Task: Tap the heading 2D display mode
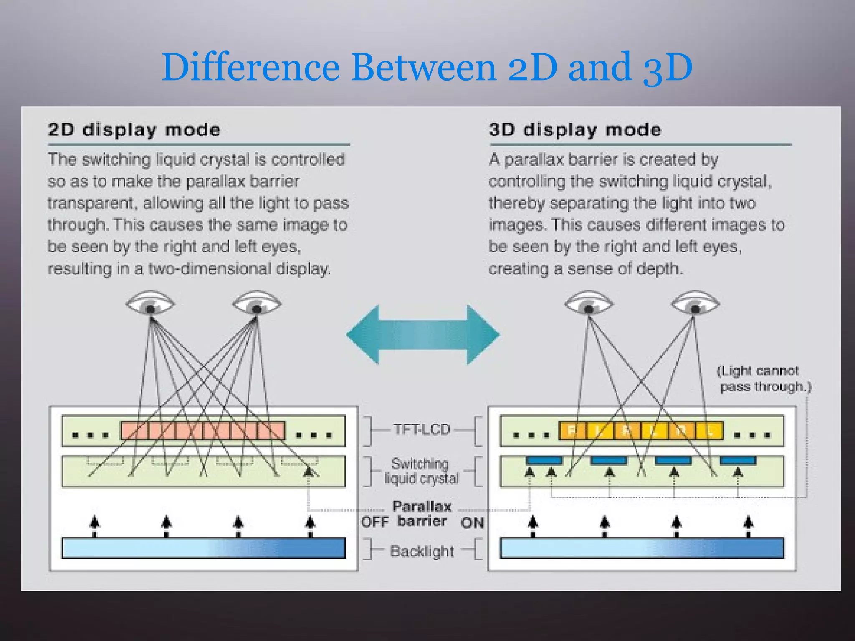(x=134, y=130)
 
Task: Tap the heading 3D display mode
(x=575, y=130)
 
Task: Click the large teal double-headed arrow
(x=422, y=335)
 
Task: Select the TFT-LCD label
(x=422, y=429)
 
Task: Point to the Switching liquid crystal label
(x=421, y=471)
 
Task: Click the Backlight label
(x=422, y=551)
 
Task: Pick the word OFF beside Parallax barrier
(x=374, y=522)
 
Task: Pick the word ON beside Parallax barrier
(x=472, y=523)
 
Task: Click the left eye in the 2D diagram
(x=150, y=304)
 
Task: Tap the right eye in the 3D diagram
(x=695, y=304)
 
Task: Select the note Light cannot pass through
(x=763, y=379)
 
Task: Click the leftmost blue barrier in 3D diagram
(x=544, y=461)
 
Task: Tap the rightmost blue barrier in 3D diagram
(x=738, y=461)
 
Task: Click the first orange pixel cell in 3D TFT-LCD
(x=572, y=431)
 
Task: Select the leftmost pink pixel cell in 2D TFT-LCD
(x=134, y=431)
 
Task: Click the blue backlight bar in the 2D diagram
(x=203, y=548)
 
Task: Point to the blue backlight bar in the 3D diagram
(x=642, y=548)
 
